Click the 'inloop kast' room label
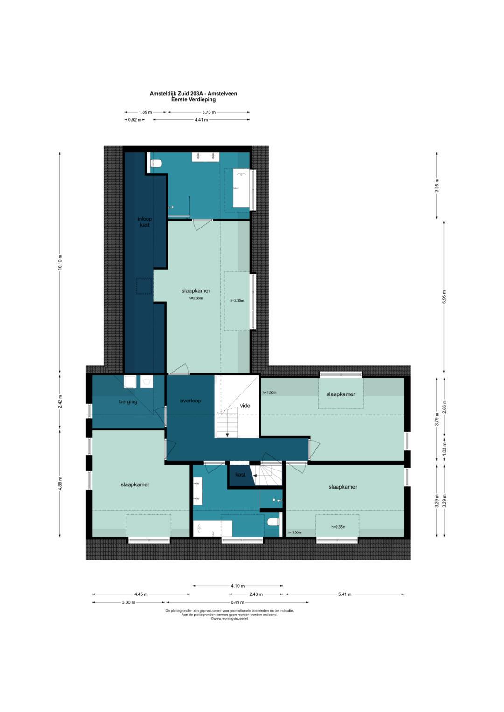(x=145, y=221)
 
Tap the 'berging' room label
(x=128, y=402)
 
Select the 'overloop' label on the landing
(x=190, y=401)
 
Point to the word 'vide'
(x=245, y=405)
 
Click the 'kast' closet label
(x=240, y=475)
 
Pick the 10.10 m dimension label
(x=60, y=262)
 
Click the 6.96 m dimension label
(x=444, y=297)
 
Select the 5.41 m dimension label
(x=345, y=594)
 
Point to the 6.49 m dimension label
(x=238, y=602)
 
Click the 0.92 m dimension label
(x=134, y=120)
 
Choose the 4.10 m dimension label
(x=238, y=586)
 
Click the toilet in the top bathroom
(x=157, y=163)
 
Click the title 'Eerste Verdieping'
(x=193, y=99)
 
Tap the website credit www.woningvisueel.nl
(x=229, y=619)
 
